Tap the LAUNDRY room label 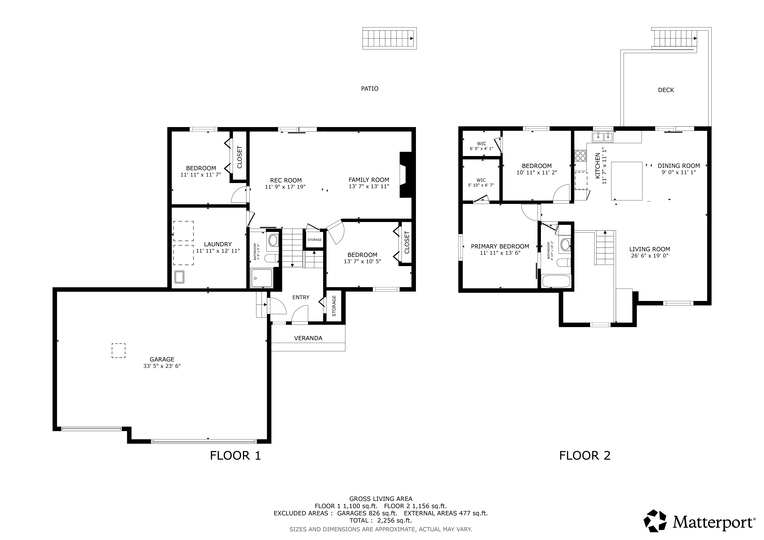(x=218, y=244)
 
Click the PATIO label (x=370, y=88)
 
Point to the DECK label (x=666, y=90)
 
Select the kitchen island (x=627, y=181)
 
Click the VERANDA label (x=308, y=338)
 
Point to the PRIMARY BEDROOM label (x=500, y=246)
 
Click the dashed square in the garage (x=118, y=350)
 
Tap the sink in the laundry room (x=179, y=277)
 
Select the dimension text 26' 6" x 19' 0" (x=650, y=256)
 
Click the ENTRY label (x=301, y=297)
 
